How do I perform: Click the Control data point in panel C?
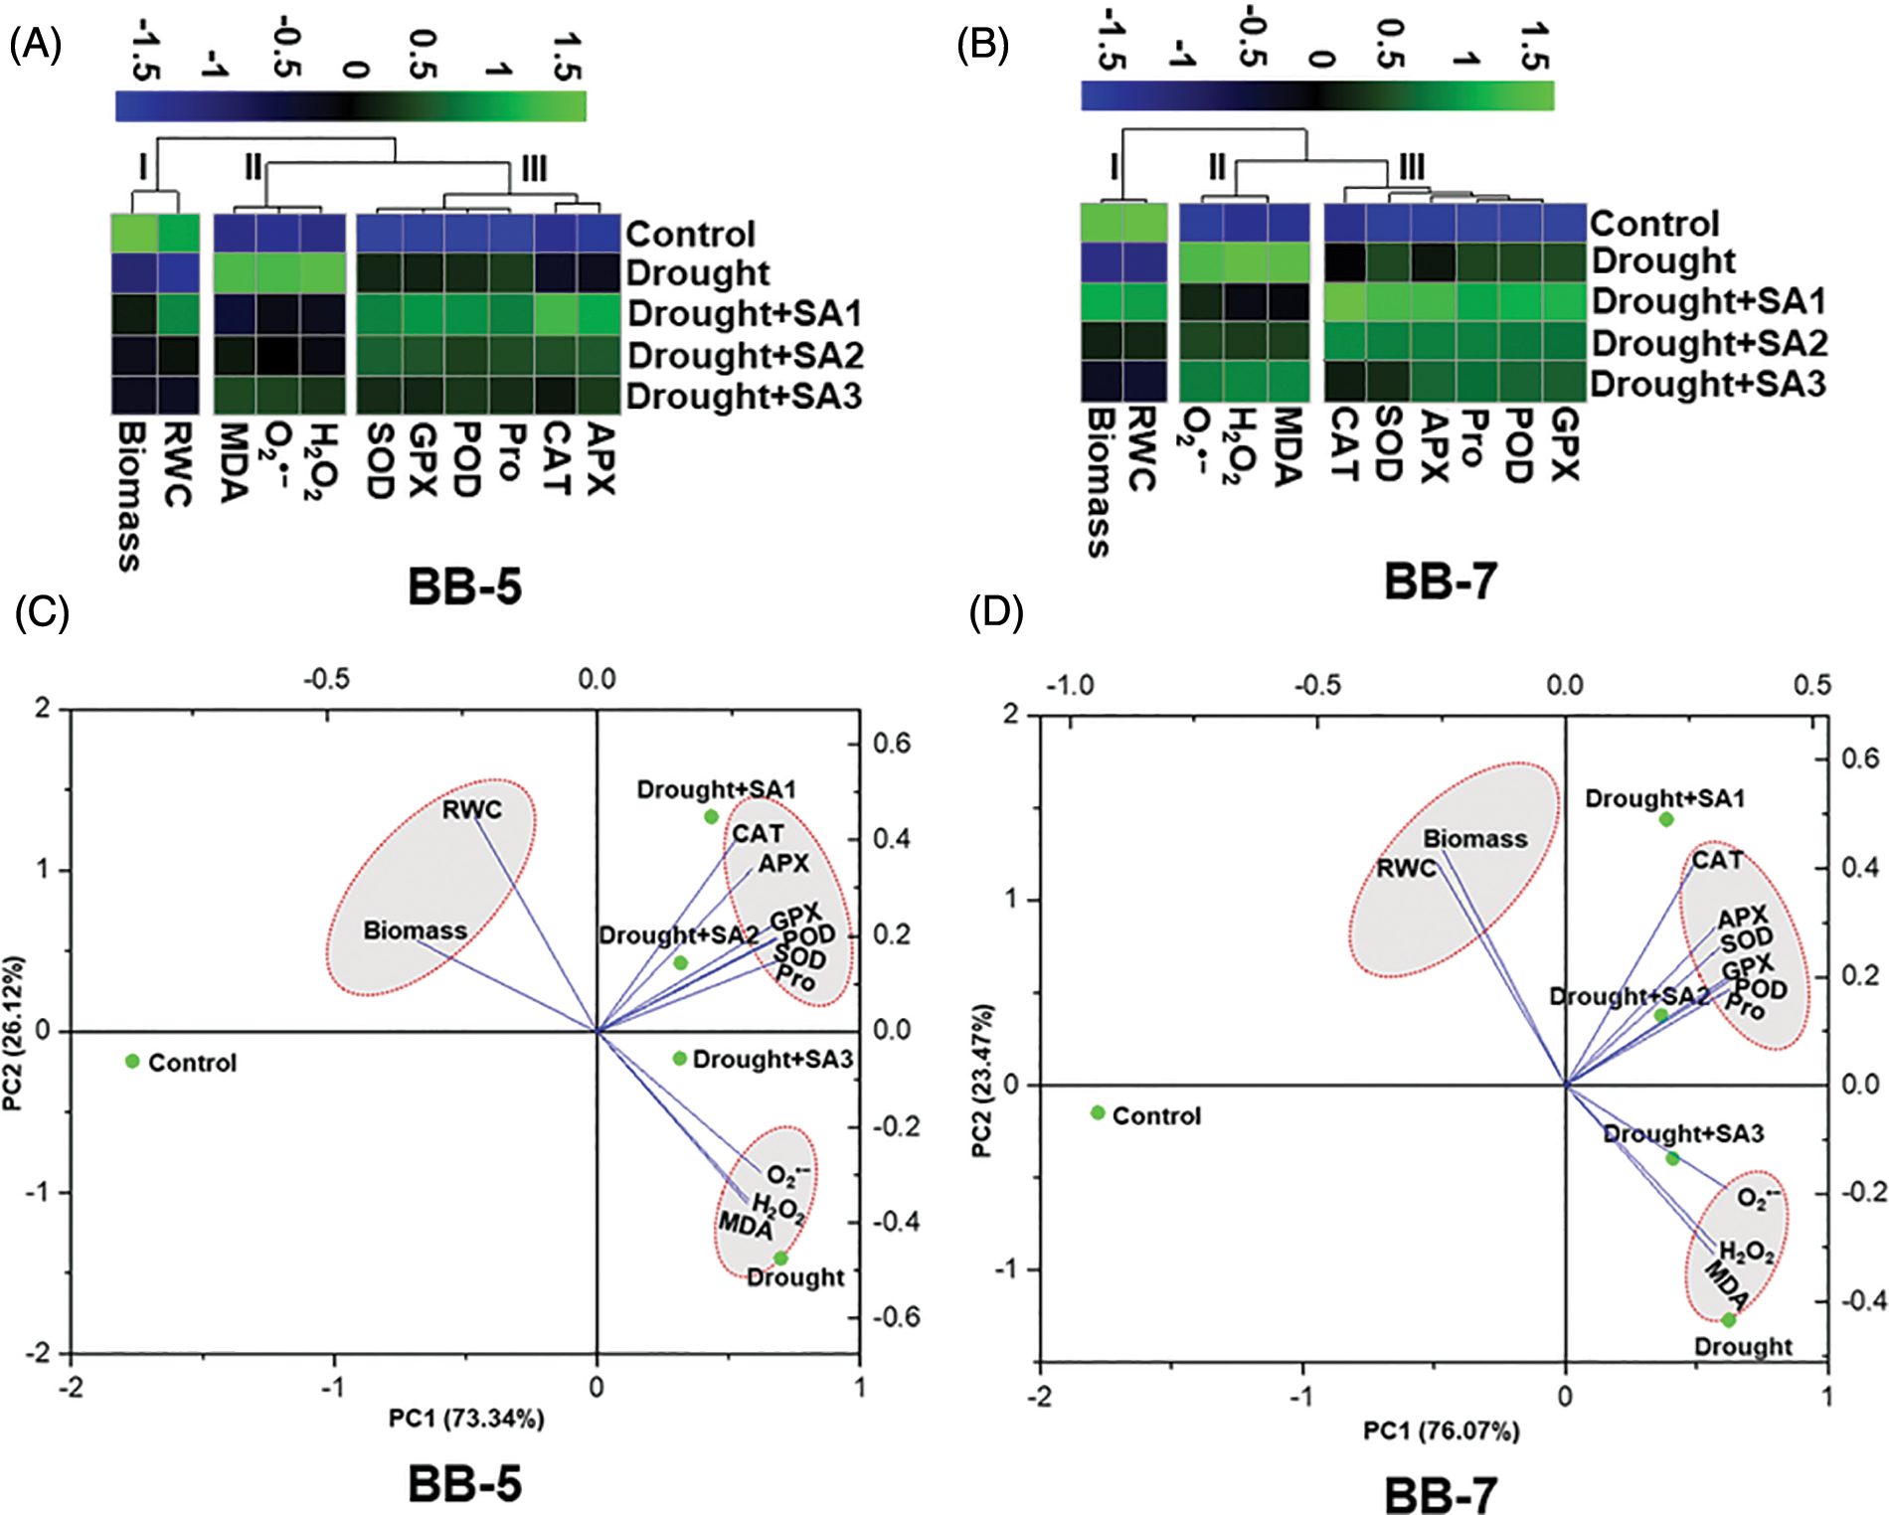pyautogui.click(x=132, y=1062)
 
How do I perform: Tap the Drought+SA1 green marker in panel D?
pyautogui.click(x=1666, y=819)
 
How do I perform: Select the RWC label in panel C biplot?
pyautogui.click(x=472, y=810)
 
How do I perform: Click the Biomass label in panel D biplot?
pyautogui.click(x=1475, y=839)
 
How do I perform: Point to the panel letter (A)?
pyautogui.click(x=36, y=45)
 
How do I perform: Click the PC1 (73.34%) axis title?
pyautogui.click(x=466, y=1419)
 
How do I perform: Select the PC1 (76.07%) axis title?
pyautogui.click(x=1441, y=1431)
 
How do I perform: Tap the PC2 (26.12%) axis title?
pyautogui.click(x=13, y=1034)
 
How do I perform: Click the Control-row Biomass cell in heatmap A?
pyautogui.click(x=133, y=234)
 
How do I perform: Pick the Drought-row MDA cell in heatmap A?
pyautogui.click(x=236, y=272)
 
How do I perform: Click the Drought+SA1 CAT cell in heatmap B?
pyautogui.click(x=1344, y=301)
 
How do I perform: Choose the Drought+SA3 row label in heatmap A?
pyautogui.click(x=744, y=397)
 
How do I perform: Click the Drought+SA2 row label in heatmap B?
pyautogui.click(x=1709, y=343)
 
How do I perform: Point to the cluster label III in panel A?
pyautogui.click(x=534, y=169)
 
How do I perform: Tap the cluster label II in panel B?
pyautogui.click(x=1217, y=166)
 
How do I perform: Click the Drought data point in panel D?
pyautogui.click(x=1729, y=1320)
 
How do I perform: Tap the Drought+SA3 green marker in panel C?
pyautogui.click(x=680, y=1059)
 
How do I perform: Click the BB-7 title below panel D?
pyautogui.click(x=1441, y=1494)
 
